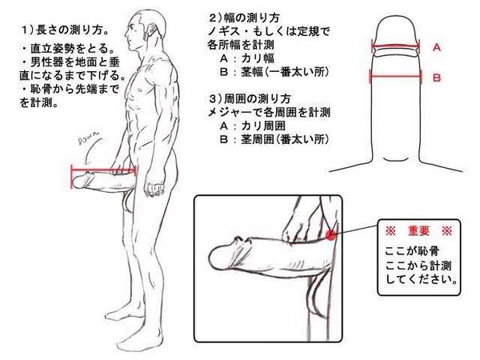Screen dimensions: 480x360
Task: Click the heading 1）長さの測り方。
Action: [x=66, y=30]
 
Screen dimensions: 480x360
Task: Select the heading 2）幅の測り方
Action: [x=244, y=18]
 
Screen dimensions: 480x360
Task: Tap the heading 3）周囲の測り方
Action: [x=250, y=99]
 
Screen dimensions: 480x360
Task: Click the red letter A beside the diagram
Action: [x=437, y=47]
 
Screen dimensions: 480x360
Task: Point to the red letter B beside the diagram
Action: [x=437, y=78]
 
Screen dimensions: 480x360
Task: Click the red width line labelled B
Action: [x=396, y=76]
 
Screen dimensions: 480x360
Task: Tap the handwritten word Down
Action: [x=89, y=138]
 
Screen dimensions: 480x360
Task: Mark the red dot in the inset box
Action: [x=330, y=235]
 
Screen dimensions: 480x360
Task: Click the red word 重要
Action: [x=418, y=231]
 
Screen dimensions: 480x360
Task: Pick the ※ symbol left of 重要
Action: [x=390, y=231]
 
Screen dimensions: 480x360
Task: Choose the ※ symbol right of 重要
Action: [x=447, y=231]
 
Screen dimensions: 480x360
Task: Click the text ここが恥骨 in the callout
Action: [x=412, y=251]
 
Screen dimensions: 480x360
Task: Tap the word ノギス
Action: [x=225, y=31]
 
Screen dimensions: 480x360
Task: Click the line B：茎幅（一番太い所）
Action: [x=274, y=72]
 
